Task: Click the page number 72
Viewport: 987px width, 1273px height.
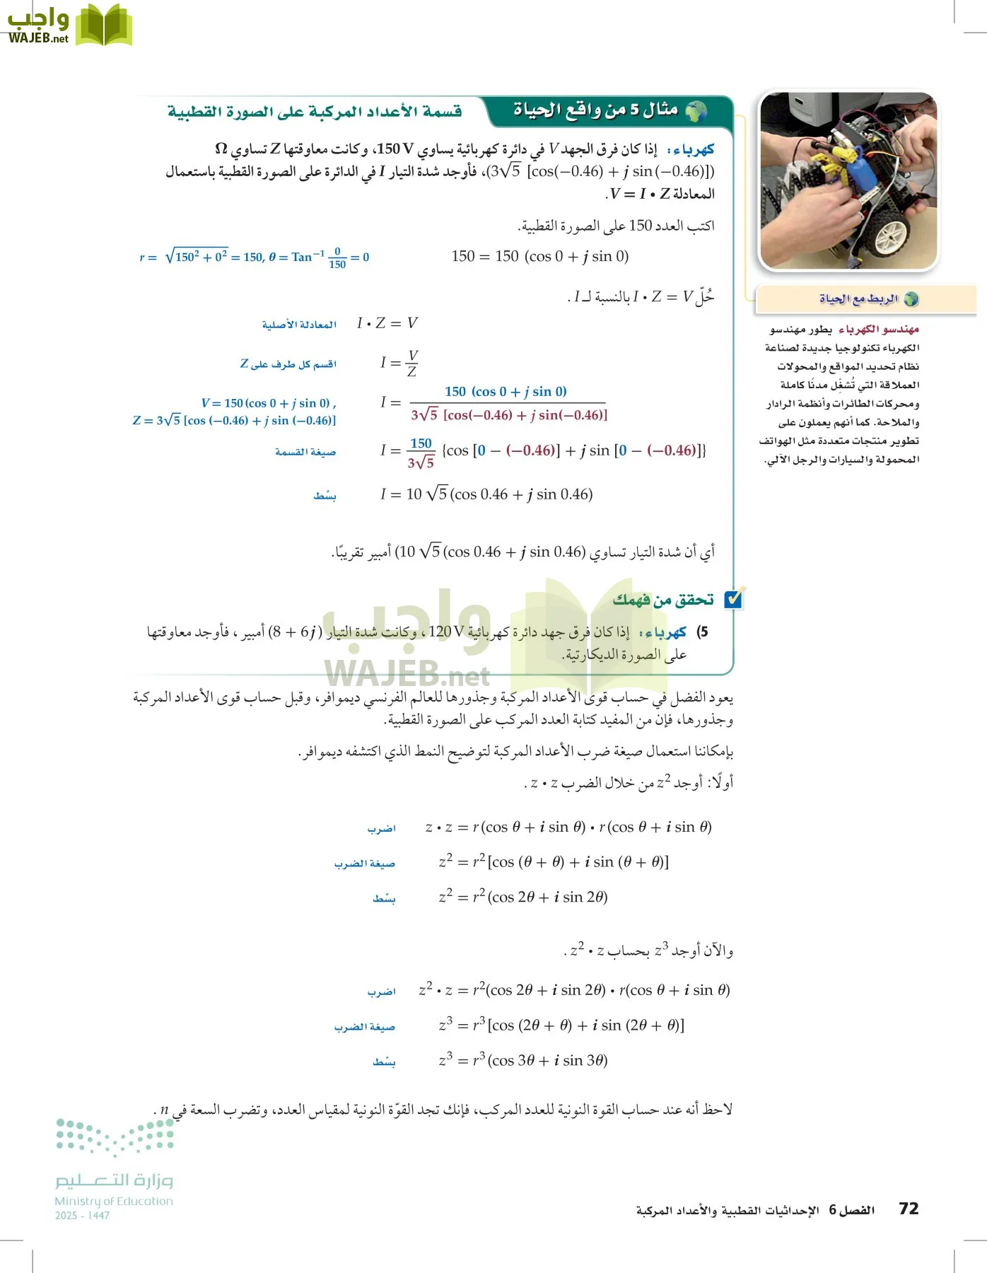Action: click(x=909, y=1209)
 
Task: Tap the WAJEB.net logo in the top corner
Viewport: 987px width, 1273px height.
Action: click(x=69, y=25)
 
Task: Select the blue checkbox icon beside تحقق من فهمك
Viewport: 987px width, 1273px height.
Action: click(x=734, y=599)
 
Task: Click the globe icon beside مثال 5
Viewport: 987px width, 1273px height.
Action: click(x=696, y=111)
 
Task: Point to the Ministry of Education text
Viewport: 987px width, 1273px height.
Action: click(x=114, y=1201)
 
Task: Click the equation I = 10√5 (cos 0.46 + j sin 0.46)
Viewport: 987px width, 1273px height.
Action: click(x=486, y=494)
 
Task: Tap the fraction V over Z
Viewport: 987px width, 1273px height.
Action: click(x=412, y=363)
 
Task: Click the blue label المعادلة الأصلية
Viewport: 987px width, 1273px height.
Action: click(x=299, y=325)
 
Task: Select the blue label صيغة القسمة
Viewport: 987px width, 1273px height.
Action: click(x=305, y=452)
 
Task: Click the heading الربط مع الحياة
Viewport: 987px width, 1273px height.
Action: click(x=859, y=299)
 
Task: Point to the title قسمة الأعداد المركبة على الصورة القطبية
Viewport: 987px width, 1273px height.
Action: click(x=315, y=112)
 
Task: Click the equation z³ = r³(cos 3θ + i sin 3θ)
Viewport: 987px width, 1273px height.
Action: click(x=523, y=1060)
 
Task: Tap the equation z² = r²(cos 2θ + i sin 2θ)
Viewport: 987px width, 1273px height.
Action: click(x=523, y=897)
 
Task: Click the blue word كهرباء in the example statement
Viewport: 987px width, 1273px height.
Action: click(x=694, y=150)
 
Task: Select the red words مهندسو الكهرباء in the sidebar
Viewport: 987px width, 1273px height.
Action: click(x=879, y=330)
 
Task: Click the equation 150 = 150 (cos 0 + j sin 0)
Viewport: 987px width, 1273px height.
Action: click(x=540, y=256)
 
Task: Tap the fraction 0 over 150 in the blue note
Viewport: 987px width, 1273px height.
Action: click(x=337, y=257)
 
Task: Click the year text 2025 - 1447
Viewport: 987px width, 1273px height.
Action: click(x=82, y=1216)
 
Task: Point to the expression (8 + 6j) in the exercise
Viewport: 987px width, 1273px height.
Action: click(x=295, y=632)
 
